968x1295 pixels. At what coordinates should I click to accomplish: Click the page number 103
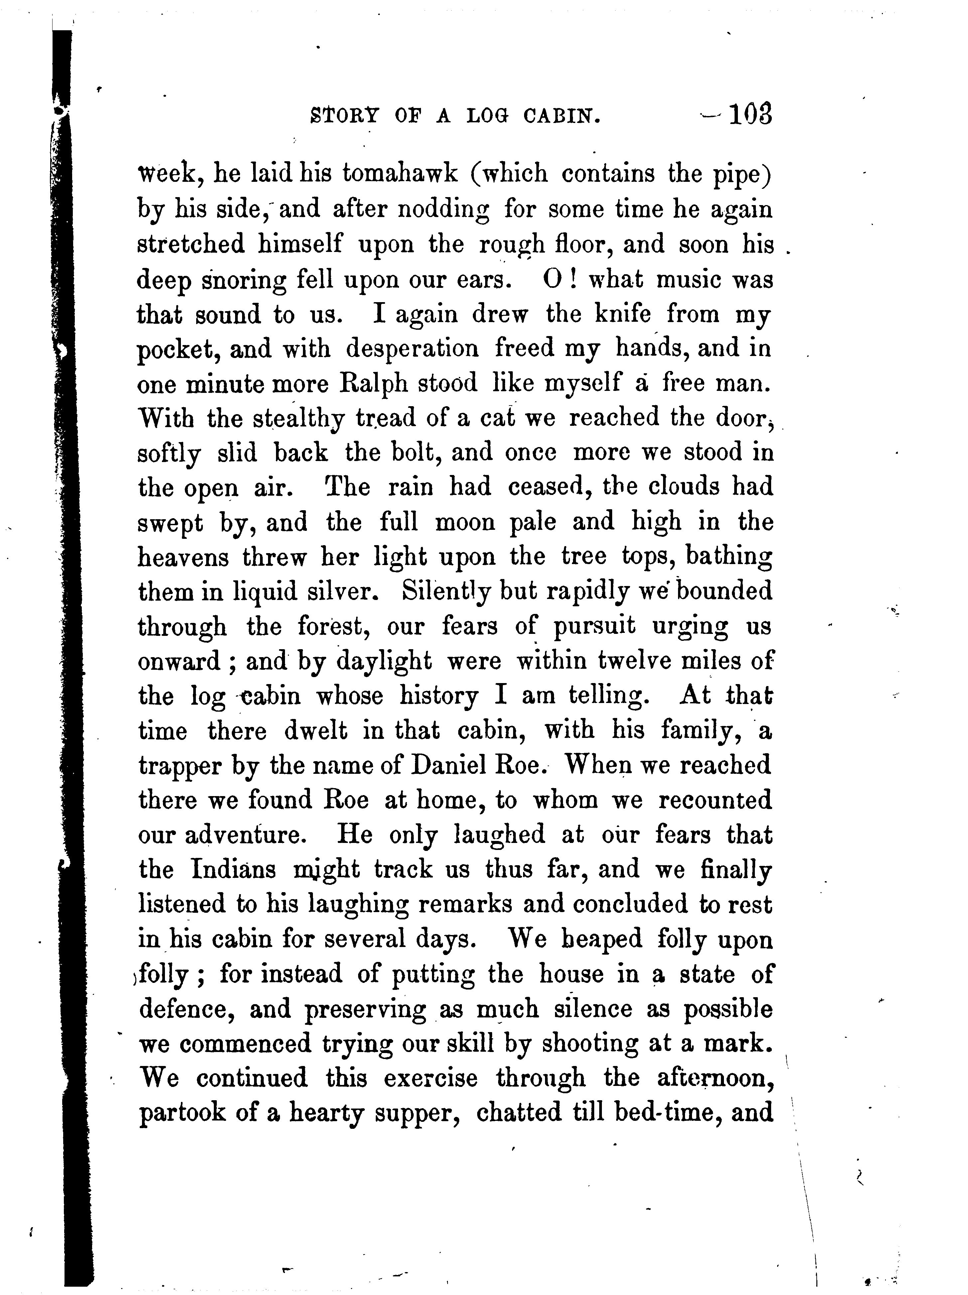(750, 114)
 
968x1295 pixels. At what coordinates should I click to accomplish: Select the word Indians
(234, 870)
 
